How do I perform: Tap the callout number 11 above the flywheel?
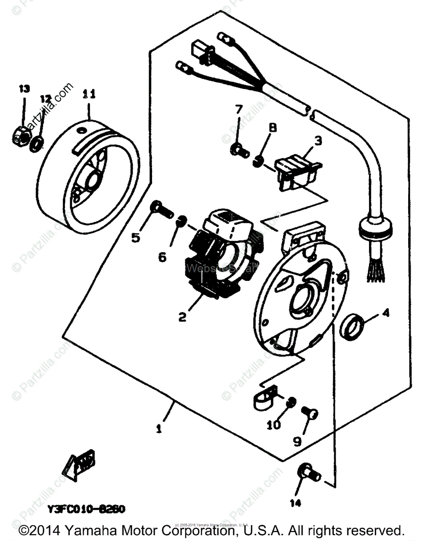pyautogui.click(x=89, y=94)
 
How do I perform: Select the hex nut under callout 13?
pyautogui.click(x=21, y=133)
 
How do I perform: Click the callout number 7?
pyautogui.click(x=238, y=110)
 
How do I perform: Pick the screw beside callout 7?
pyautogui.click(x=239, y=150)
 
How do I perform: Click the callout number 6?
pyautogui.click(x=162, y=257)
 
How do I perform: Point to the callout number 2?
pyautogui.click(x=182, y=317)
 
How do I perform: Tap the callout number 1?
pyautogui.click(x=158, y=429)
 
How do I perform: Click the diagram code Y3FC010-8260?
pyautogui.click(x=86, y=509)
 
